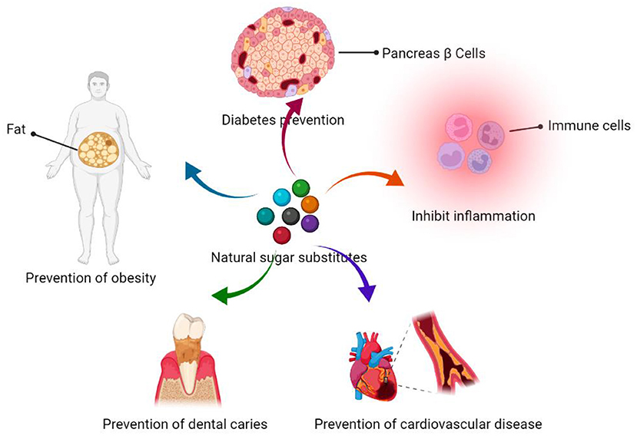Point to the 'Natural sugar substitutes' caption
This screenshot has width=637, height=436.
tap(289, 257)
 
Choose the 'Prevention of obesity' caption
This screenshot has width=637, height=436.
tap(91, 278)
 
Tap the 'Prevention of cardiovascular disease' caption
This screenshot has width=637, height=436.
tap(429, 423)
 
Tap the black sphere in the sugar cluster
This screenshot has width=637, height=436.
tap(290, 216)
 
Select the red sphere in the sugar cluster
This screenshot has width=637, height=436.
tap(282, 235)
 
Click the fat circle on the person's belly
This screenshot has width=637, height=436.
tap(98, 153)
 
